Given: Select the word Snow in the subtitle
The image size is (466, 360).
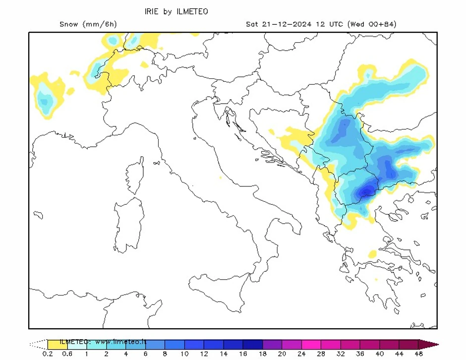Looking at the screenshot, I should (x=69, y=24).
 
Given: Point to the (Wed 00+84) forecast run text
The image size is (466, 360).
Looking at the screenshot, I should (x=372, y=24).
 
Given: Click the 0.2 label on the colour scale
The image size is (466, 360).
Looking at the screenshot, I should (x=48, y=354).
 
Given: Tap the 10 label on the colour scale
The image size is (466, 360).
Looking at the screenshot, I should (x=184, y=354).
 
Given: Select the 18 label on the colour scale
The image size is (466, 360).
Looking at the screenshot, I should (x=262, y=354).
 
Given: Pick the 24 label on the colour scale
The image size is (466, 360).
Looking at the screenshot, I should (x=301, y=354).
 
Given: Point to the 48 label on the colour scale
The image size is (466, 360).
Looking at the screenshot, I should (x=418, y=354).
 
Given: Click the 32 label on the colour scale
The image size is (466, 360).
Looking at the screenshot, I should (x=341, y=354).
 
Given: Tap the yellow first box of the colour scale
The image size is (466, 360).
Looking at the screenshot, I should (x=58, y=344).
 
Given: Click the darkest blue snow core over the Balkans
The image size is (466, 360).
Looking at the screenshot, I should (x=367, y=191).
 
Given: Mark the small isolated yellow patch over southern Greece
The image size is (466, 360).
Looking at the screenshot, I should (x=372, y=254).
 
